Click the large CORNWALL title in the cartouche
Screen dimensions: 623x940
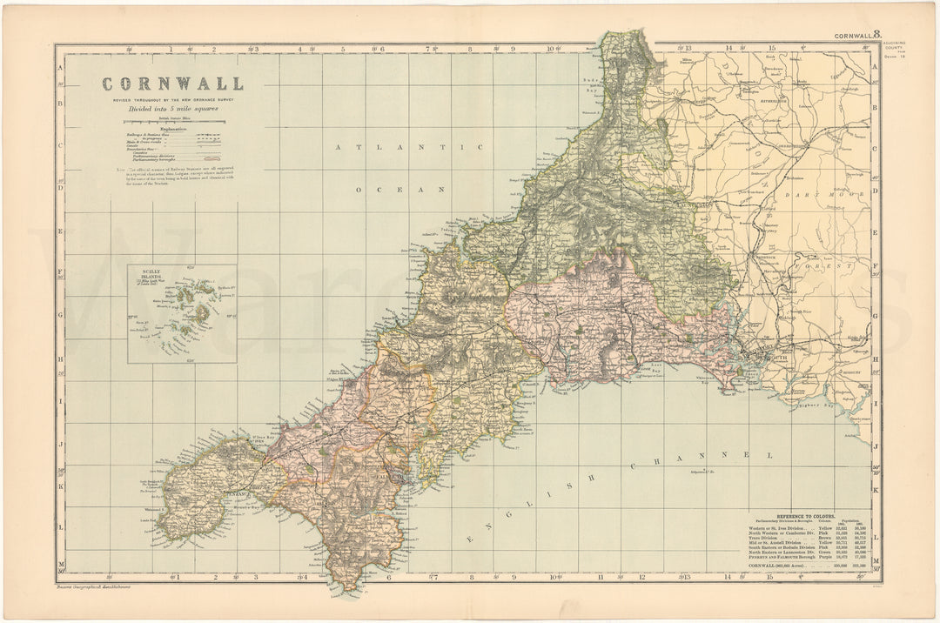coord(172,84)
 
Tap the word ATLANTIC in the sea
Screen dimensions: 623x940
coord(409,148)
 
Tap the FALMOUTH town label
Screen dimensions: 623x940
coord(389,478)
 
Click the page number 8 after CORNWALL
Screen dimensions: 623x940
coord(877,36)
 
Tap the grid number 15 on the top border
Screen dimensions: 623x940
coord(771,49)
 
